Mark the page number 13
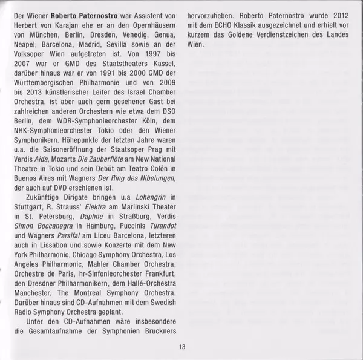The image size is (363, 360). pyautogui.click(x=181, y=347)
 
